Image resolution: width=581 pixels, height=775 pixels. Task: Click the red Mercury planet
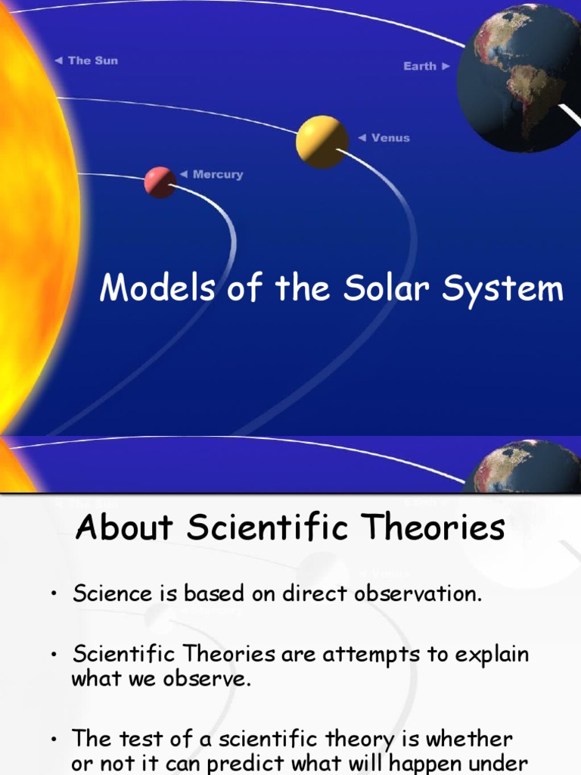pyautogui.click(x=160, y=182)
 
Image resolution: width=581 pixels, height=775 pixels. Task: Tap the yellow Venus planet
pyautogui.click(x=322, y=142)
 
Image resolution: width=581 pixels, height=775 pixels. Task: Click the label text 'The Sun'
pyautogui.click(x=93, y=61)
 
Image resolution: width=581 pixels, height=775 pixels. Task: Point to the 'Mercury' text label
pyautogui.click(x=218, y=175)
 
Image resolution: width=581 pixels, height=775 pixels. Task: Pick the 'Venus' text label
pyautogui.click(x=390, y=138)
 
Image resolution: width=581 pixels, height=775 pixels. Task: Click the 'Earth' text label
pyautogui.click(x=420, y=67)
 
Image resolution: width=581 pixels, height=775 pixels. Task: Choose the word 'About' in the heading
pyautogui.click(x=126, y=528)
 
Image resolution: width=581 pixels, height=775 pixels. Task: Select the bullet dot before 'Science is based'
pyautogui.click(x=54, y=595)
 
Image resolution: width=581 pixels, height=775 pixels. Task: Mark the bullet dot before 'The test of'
pyautogui.click(x=54, y=739)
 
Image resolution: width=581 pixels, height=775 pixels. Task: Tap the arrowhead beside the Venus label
pyautogui.click(x=361, y=138)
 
